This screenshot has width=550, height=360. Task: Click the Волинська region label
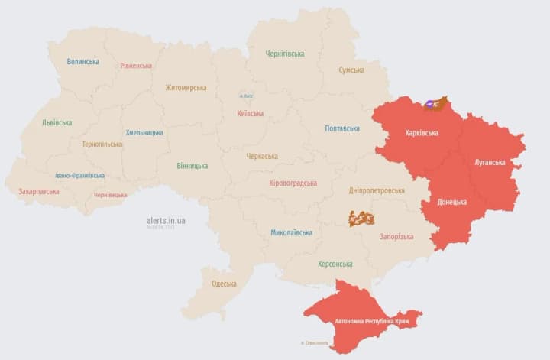tap(82, 62)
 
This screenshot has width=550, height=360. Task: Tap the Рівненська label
tap(136, 66)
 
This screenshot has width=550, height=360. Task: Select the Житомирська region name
tap(186, 87)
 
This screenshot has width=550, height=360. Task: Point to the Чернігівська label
tap(285, 54)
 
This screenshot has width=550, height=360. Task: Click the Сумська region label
tap(351, 70)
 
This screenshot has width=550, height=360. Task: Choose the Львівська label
tap(57, 122)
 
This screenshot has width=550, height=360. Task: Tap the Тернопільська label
tap(102, 144)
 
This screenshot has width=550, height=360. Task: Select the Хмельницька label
tap(144, 132)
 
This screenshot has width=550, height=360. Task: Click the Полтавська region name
tap(342, 128)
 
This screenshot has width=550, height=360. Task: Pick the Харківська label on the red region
tap(422, 133)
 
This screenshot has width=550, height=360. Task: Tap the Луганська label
tap(490, 162)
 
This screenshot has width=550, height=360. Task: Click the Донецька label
tap(452, 202)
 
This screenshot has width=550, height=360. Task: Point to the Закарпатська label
tap(39, 191)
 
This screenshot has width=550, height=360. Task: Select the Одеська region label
tap(224, 284)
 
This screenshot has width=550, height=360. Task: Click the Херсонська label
tap(335, 264)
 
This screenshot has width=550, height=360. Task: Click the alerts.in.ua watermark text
tap(167, 220)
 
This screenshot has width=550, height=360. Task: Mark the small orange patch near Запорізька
tap(361, 219)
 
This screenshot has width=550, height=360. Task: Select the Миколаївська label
tap(292, 232)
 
